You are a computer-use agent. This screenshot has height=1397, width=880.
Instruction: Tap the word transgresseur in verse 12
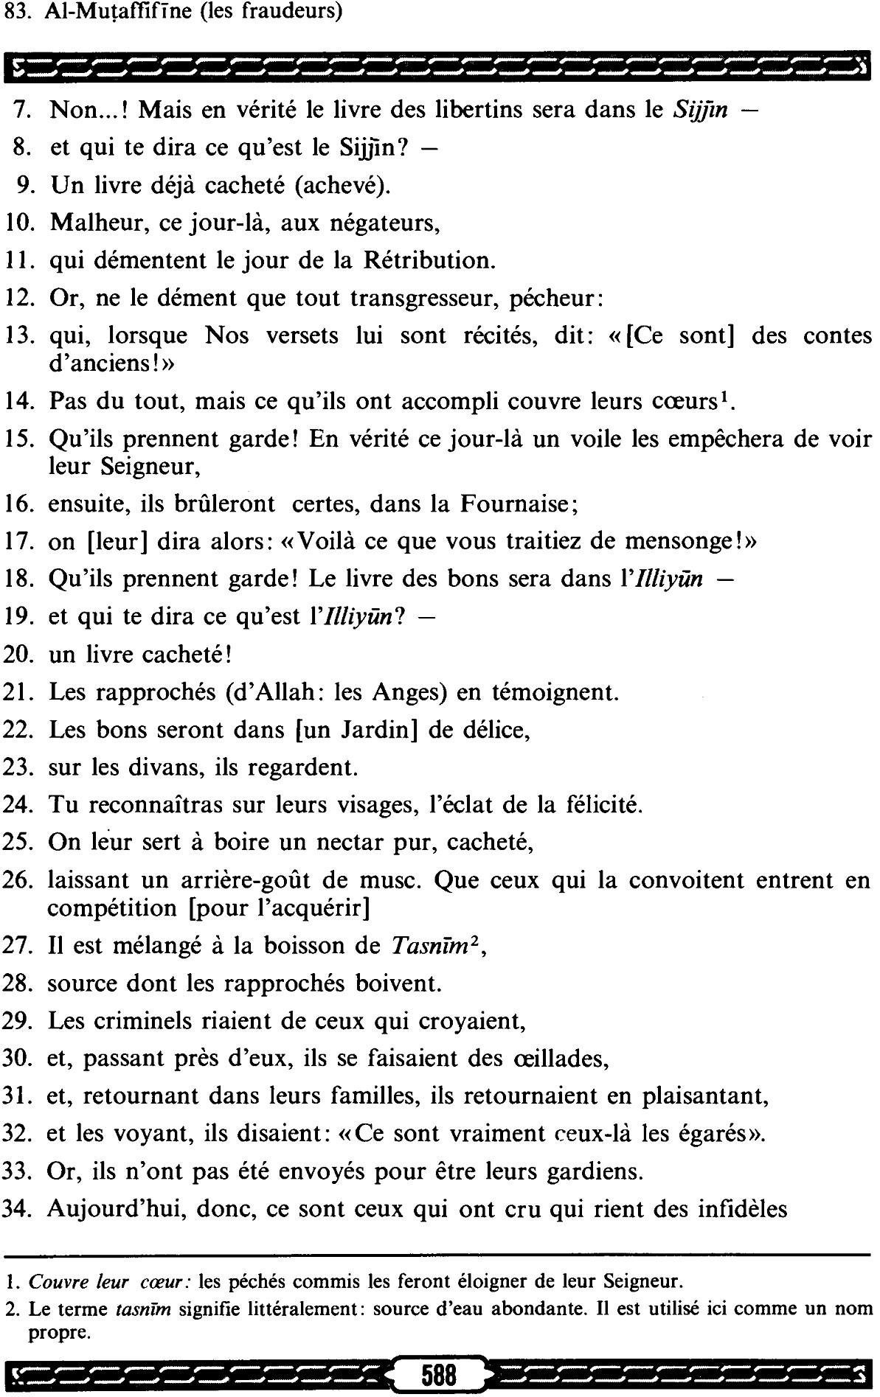click(436, 299)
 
